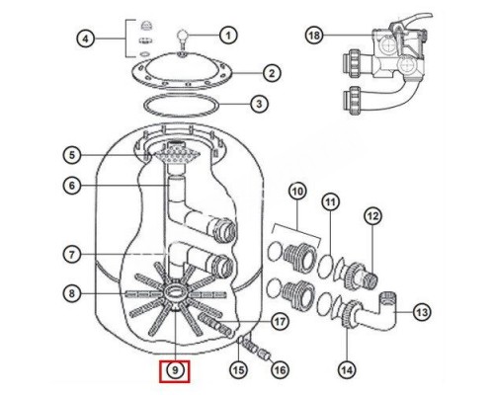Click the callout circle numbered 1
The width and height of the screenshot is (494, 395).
(x=228, y=36)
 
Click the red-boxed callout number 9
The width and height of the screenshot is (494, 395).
(x=176, y=371)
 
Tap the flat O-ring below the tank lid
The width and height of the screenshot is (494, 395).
(x=182, y=102)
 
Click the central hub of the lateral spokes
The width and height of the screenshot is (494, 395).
(x=176, y=293)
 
